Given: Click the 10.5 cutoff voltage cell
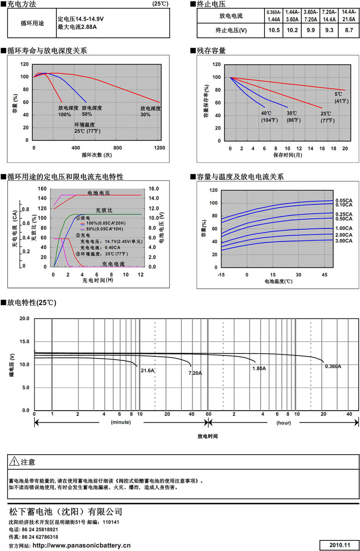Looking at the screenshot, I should point(274,30).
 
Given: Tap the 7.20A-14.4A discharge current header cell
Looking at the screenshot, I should point(329,16).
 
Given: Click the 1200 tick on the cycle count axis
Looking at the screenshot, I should point(160,148).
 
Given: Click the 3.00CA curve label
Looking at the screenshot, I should point(344,241).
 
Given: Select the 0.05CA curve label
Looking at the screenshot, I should point(344,200).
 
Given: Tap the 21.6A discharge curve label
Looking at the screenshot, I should point(148,370).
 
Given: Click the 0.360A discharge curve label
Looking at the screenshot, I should point(333,366).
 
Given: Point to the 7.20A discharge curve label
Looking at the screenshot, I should point(195,372).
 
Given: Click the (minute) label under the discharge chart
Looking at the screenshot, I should point(120,422).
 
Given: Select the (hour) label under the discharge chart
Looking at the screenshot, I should point(283,422).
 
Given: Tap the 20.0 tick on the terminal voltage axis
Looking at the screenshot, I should point(24,319).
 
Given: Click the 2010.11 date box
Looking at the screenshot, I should point(339,545).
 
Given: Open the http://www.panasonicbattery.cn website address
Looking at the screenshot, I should point(82,545).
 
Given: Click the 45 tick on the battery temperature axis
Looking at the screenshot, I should point(324,275).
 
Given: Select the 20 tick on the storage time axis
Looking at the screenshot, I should point(345,149).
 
